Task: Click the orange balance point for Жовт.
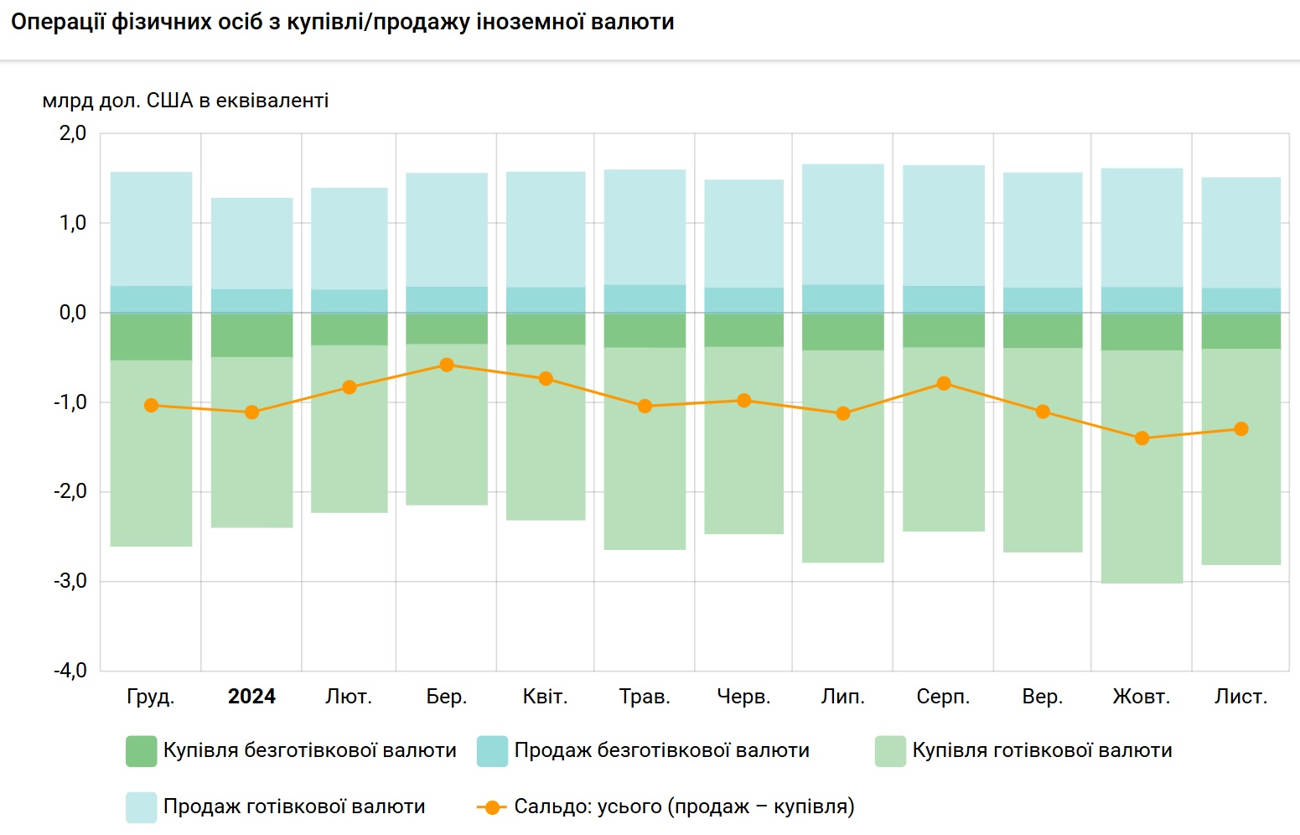[x=1142, y=438]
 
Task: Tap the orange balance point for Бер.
[x=447, y=365]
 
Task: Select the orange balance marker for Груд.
[x=151, y=405]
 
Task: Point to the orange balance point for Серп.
[x=944, y=383]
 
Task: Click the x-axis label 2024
[x=251, y=697]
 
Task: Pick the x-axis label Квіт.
[x=545, y=697]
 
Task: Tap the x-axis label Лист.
[x=1240, y=697]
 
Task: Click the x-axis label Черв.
[x=743, y=697]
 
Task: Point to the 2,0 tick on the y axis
[x=73, y=133]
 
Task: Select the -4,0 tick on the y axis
[x=70, y=671]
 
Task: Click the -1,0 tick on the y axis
[x=70, y=402]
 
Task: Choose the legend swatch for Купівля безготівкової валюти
[x=141, y=751]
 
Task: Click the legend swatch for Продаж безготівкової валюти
[x=492, y=751]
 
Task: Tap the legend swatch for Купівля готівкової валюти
[x=890, y=751]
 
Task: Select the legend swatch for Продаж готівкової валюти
[x=141, y=807]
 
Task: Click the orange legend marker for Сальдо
[x=492, y=807]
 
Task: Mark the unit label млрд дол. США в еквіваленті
[x=185, y=101]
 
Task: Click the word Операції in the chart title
[x=59, y=22]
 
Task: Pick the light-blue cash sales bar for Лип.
[x=843, y=224]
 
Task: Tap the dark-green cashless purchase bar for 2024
[x=251, y=335]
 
